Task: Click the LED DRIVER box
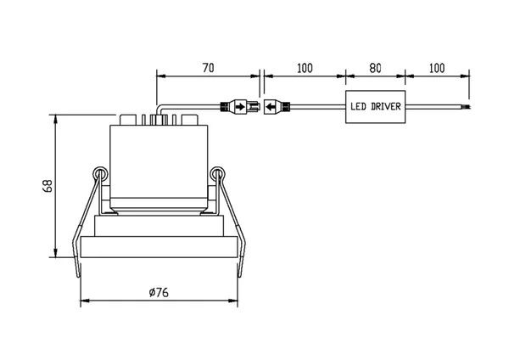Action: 375,107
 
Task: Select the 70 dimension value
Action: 209,68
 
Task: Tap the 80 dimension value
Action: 375,68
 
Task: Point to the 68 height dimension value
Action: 48,186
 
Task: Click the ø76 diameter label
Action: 159,292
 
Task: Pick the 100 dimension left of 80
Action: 305,68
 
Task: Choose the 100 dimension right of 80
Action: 437,68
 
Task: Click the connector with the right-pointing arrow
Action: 240,107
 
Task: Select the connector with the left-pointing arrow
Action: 277,107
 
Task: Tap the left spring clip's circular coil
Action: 101,174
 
